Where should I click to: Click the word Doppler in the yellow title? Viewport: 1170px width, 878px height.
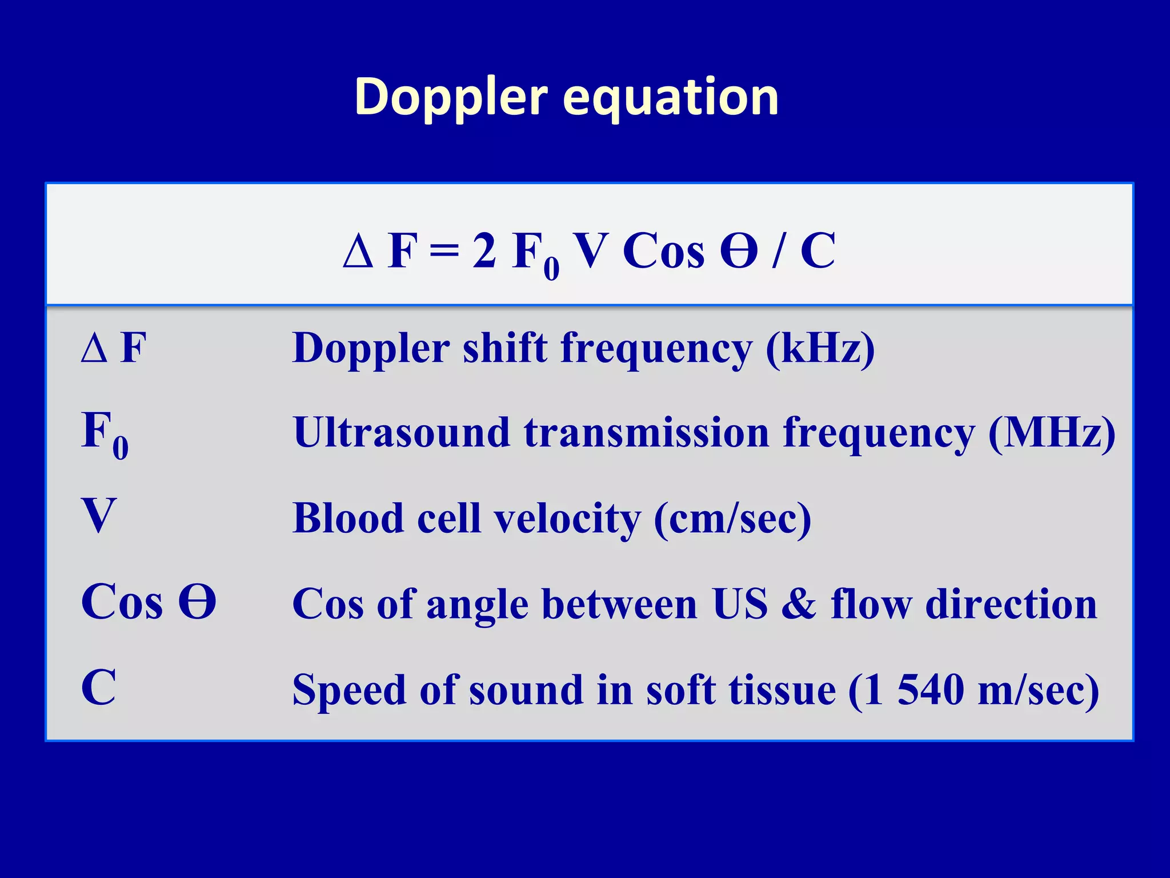click(x=451, y=97)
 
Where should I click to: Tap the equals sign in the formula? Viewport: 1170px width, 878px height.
click(x=444, y=252)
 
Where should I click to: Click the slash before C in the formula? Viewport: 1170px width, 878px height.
click(x=778, y=252)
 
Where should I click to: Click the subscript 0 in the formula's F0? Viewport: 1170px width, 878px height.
click(x=551, y=269)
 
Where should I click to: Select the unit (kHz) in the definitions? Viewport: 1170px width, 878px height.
click(x=820, y=349)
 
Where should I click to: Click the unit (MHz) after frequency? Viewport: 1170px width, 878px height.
click(x=1052, y=433)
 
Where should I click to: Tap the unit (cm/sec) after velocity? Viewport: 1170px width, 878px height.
click(x=732, y=519)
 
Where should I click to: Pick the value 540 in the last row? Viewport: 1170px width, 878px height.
click(x=930, y=690)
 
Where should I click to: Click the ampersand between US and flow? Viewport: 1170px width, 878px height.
click(x=799, y=604)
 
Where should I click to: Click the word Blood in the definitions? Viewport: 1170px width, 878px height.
click(x=348, y=518)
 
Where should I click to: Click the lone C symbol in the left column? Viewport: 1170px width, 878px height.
click(x=99, y=688)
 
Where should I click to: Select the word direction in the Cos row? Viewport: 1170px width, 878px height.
click(x=1011, y=604)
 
